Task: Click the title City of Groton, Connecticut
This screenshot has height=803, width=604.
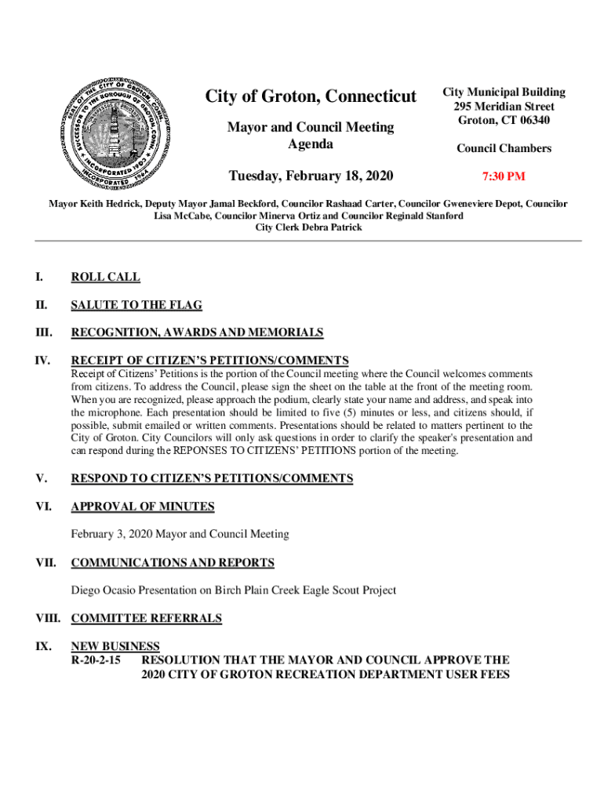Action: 311,96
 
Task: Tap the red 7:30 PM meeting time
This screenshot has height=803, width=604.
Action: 504,176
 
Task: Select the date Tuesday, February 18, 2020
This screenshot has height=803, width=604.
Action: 311,175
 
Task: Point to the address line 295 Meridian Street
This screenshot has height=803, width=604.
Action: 504,107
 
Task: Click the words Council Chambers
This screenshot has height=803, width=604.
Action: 504,148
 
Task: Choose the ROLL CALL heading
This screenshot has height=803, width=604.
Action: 105,277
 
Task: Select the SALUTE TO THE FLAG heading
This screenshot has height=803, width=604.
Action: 136,305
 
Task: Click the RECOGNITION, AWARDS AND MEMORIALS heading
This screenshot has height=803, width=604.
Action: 197,332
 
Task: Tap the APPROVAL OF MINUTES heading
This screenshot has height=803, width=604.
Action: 143,507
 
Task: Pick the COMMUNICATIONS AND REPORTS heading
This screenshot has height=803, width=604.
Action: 173,563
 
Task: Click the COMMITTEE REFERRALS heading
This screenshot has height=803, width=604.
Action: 147,619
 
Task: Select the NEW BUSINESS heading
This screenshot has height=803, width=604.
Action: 115,646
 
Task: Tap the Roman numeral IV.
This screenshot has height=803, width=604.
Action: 42,361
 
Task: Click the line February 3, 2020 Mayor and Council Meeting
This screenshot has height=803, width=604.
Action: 180,534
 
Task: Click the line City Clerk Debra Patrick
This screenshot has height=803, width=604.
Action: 308,227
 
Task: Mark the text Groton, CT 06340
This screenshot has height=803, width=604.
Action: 504,121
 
